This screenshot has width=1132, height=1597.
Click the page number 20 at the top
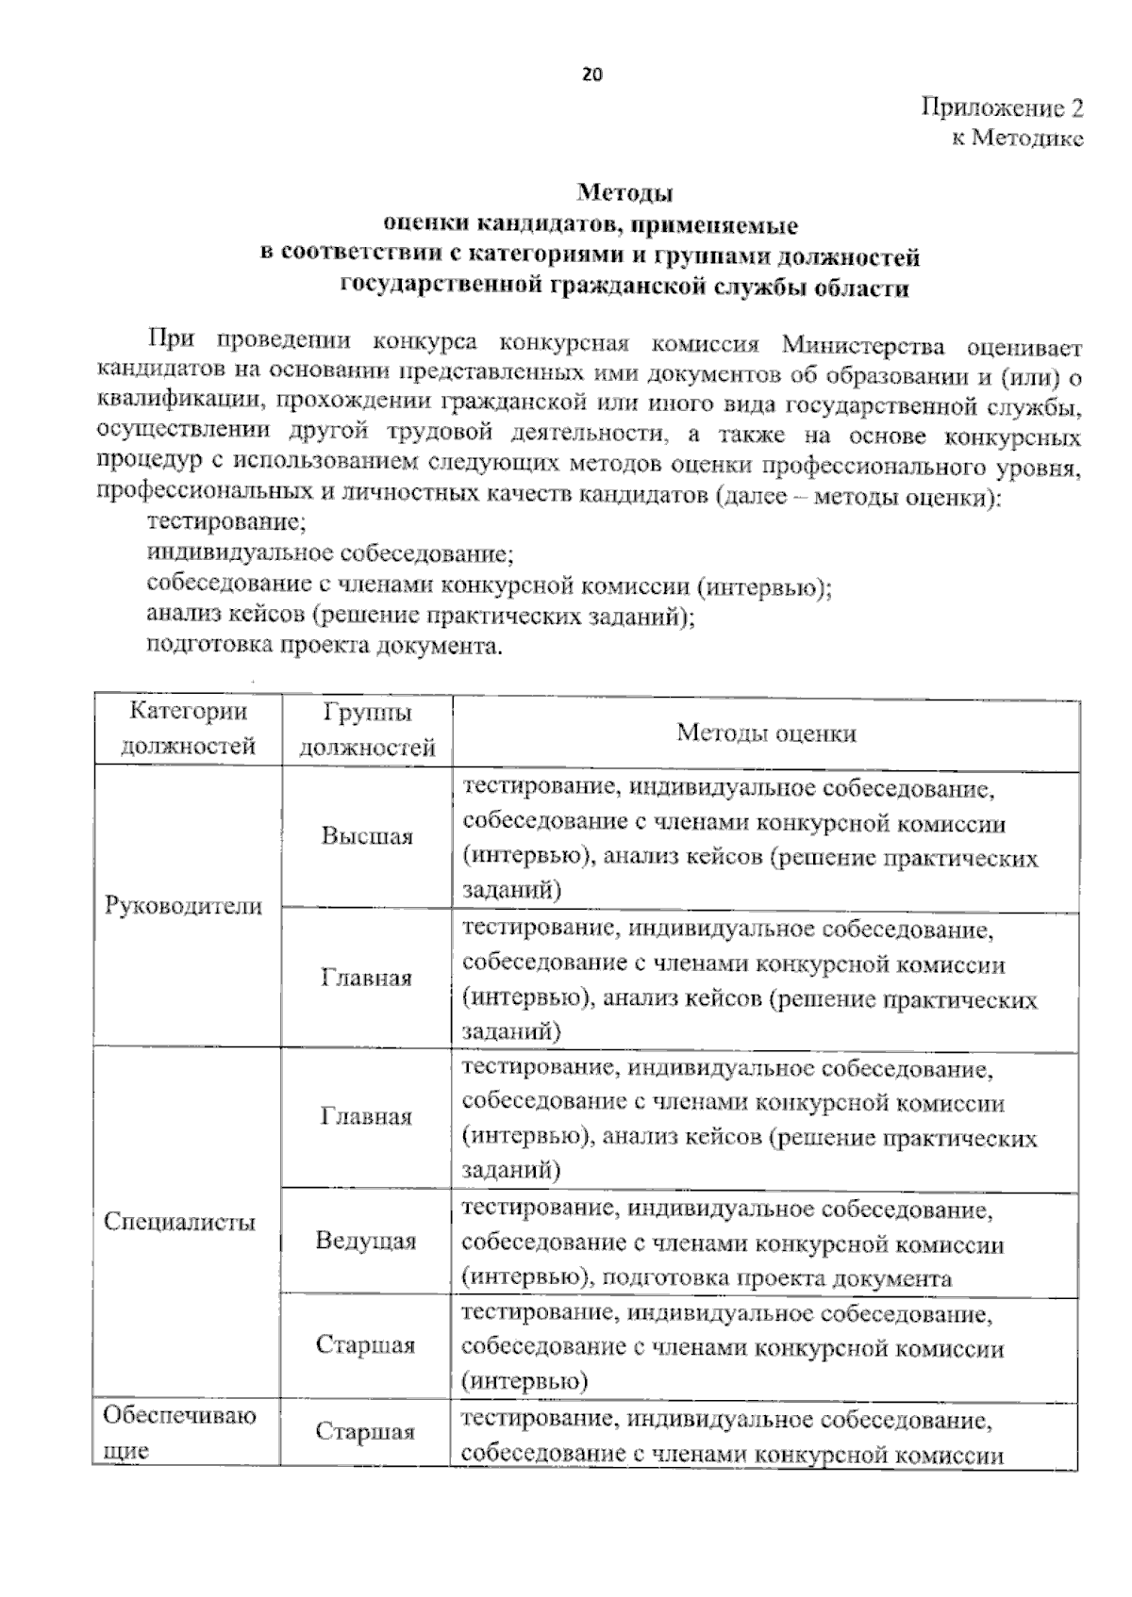click(591, 75)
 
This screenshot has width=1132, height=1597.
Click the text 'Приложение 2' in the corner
click(1002, 107)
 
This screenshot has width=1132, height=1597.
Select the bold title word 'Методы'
click(624, 194)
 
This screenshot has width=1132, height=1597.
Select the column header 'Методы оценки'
click(766, 733)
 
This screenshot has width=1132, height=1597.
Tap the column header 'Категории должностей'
click(188, 729)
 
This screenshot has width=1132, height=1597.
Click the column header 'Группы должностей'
click(366, 730)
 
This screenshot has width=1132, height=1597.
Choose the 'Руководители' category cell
click(183, 906)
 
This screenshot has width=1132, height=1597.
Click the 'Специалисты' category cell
click(179, 1222)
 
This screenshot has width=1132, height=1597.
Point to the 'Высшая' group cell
click(367, 836)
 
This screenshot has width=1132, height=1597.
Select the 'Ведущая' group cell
click(366, 1241)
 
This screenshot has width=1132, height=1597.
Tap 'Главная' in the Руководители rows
click(367, 978)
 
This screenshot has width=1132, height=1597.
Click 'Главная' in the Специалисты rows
click(367, 1116)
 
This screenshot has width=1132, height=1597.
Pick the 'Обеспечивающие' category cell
click(179, 1432)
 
